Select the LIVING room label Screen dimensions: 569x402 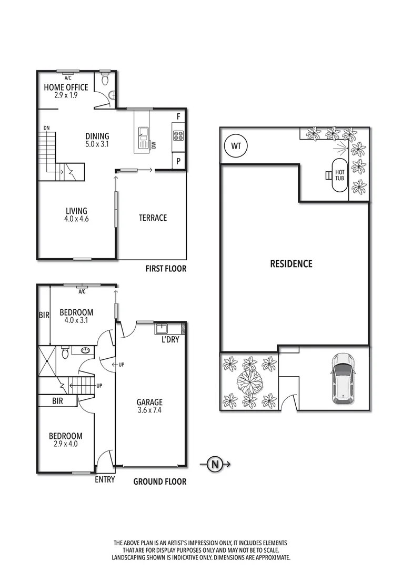click(x=76, y=214)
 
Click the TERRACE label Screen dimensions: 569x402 click(x=153, y=218)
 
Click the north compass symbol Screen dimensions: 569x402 click(x=214, y=464)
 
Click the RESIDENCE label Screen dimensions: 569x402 click(x=291, y=263)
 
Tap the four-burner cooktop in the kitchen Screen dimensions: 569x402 click(x=178, y=135)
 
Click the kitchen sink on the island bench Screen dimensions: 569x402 click(x=143, y=139)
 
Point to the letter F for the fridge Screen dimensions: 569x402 click(x=179, y=116)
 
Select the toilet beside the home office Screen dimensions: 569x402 click(x=105, y=80)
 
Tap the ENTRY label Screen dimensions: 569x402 click(x=105, y=480)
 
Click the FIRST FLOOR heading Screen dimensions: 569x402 click(x=166, y=269)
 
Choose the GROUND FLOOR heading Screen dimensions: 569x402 click(x=159, y=481)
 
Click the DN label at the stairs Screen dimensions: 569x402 click(x=47, y=128)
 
